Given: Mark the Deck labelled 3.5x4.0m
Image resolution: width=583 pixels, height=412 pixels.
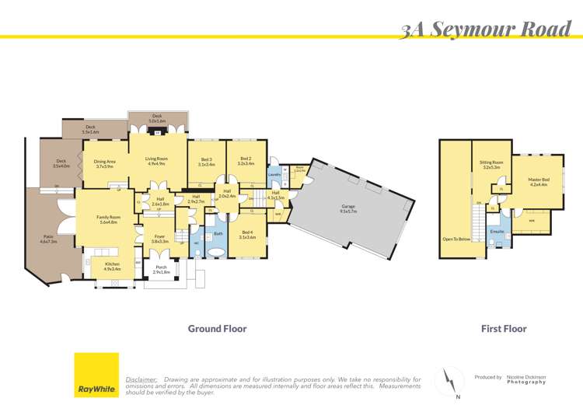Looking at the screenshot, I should (x=61, y=164).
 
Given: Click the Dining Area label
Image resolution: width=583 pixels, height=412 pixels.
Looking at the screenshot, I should (x=105, y=163).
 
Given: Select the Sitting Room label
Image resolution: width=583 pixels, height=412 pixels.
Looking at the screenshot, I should (x=491, y=165).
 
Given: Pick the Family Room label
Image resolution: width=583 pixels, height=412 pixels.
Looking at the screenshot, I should (x=109, y=219).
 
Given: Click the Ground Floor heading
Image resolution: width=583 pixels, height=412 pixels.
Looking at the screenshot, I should (x=217, y=329).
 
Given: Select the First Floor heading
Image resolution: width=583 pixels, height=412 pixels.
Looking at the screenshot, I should (x=504, y=329).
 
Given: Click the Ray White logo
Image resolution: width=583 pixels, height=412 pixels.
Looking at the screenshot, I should (x=96, y=375).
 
